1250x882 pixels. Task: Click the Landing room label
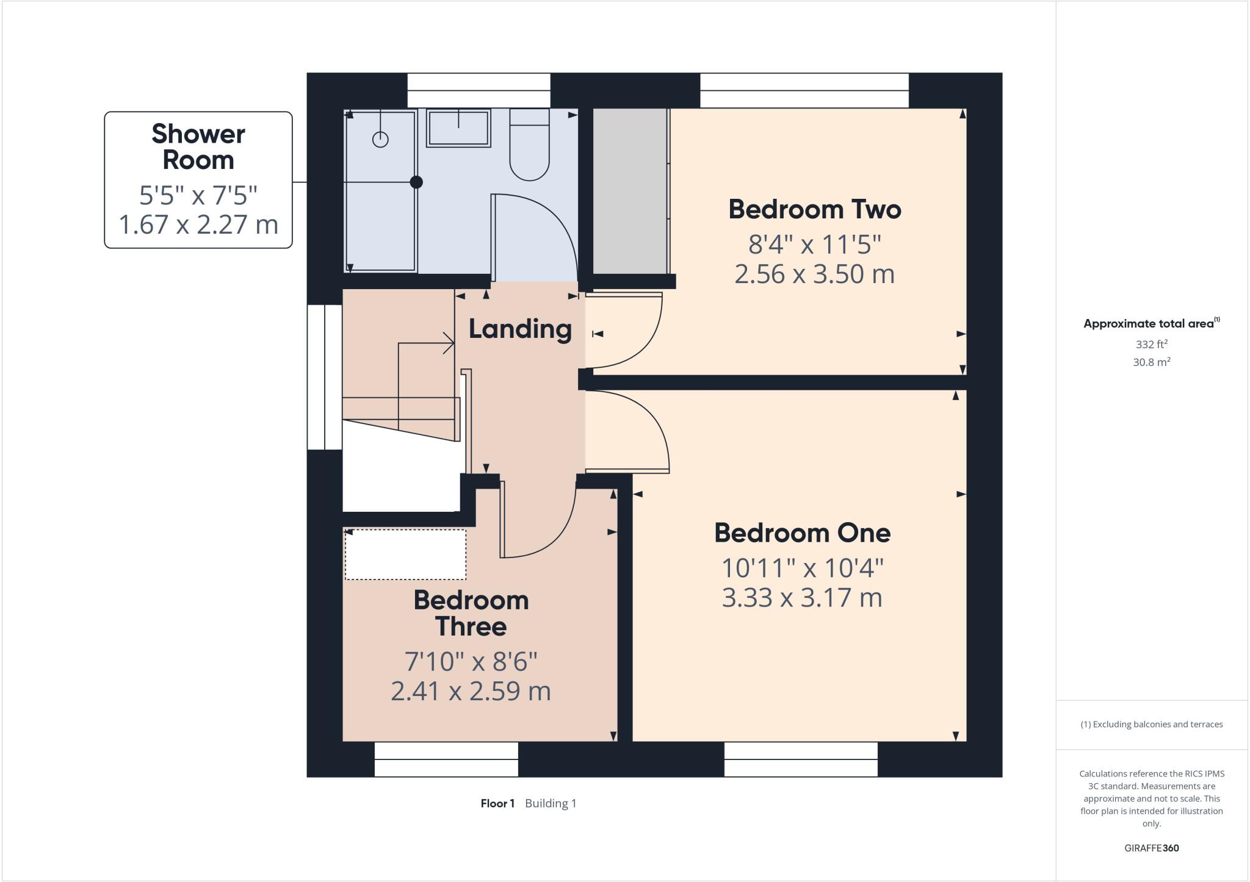pos(520,329)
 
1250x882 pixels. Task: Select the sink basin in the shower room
pos(458,128)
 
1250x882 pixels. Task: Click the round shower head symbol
pos(380,140)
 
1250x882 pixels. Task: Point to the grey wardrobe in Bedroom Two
pos(630,192)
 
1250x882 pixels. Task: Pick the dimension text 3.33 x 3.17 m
pos(802,598)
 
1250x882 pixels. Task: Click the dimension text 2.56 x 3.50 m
pos(814,274)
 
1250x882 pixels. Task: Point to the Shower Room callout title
pos(198,147)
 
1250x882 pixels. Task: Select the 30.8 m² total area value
pos(1151,362)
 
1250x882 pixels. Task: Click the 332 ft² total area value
pos(1151,344)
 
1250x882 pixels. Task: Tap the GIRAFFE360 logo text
pos(1151,848)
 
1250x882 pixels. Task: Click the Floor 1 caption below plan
pos(497,803)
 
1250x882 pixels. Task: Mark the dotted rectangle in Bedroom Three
pos(405,554)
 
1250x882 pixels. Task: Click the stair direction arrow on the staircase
pos(449,343)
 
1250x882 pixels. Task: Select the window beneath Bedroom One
pos(801,759)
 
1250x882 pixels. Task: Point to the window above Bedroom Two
pos(804,90)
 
